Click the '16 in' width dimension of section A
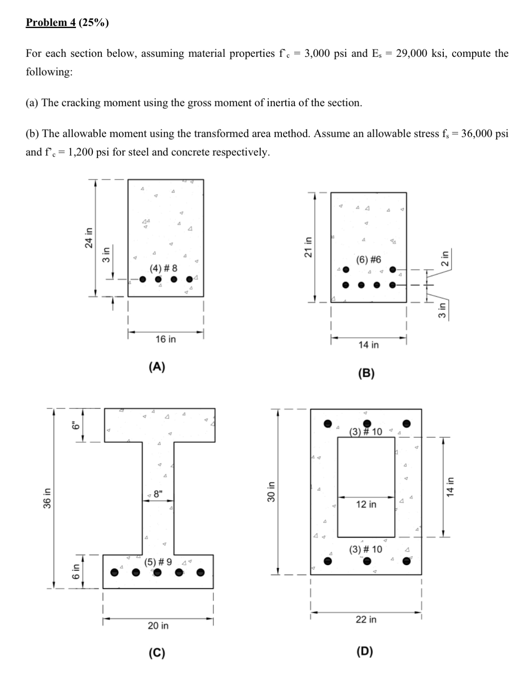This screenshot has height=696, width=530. (166, 339)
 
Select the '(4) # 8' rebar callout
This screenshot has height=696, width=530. (164, 268)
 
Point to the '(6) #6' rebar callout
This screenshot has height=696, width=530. (369, 260)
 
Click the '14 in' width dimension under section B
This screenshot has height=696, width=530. (369, 345)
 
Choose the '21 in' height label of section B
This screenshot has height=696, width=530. (307, 247)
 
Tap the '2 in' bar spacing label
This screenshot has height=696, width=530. (445, 258)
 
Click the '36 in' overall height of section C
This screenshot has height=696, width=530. (47, 498)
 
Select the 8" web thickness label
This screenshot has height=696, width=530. (158, 494)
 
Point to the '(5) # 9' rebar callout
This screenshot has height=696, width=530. (158, 562)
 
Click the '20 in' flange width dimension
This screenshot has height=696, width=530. (158, 625)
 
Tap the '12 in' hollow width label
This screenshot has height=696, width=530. (366, 504)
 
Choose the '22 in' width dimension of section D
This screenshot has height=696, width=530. (366, 619)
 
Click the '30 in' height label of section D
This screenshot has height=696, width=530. (271, 492)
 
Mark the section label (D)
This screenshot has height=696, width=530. (365, 651)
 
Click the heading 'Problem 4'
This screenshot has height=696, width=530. (51, 22)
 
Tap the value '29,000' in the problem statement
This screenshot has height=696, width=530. (412, 53)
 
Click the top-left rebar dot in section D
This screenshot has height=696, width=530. (328, 423)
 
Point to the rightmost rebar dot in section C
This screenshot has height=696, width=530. (200, 572)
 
